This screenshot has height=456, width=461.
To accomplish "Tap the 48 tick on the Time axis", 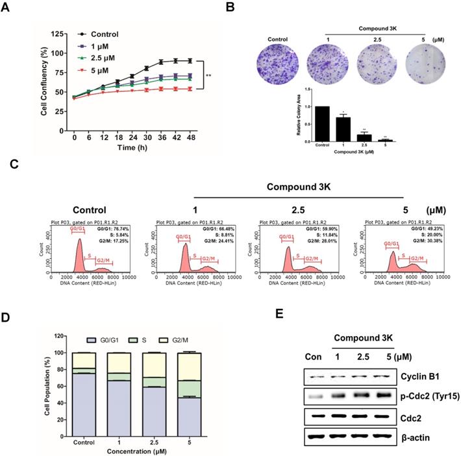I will click(188, 138).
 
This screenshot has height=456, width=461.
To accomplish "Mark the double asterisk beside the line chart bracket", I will click(210, 76).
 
